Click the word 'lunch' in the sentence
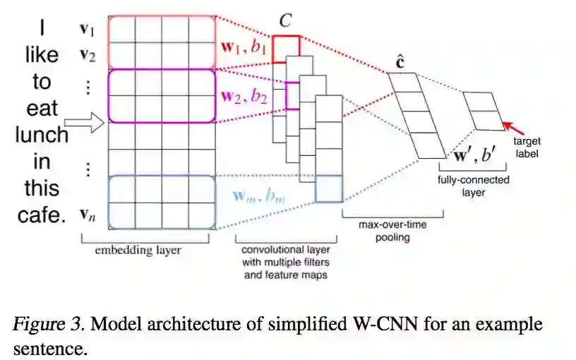42,134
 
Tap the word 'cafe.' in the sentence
41,215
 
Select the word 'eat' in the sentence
42,108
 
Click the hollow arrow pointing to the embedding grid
89,124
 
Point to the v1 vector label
87,30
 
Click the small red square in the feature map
287,46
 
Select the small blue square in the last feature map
329,189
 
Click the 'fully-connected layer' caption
474,185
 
